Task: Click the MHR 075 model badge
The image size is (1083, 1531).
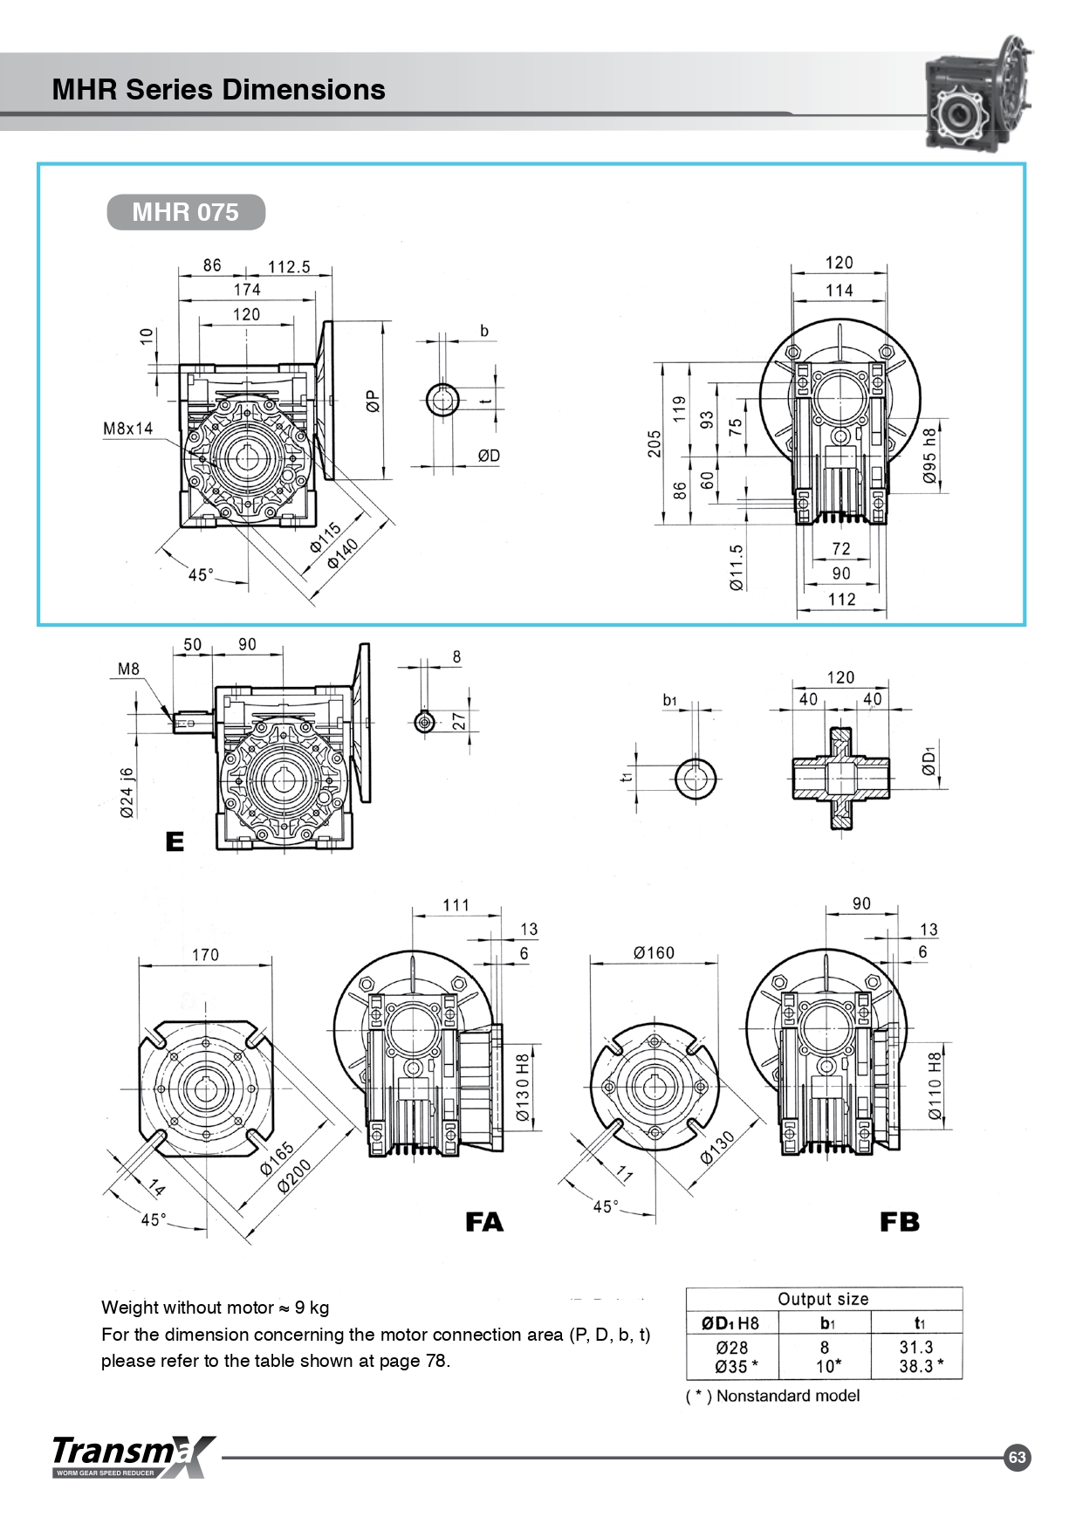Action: pyautogui.click(x=186, y=212)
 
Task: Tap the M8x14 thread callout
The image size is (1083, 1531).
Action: pyautogui.click(x=127, y=429)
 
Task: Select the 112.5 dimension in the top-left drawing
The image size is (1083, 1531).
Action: pyautogui.click(x=289, y=267)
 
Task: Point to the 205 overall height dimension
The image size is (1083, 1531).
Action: pyautogui.click(x=655, y=443)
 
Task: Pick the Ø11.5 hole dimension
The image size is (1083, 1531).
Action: pyautogui.click(x=737, y=567)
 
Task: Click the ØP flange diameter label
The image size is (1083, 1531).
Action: pyautogui.click(x=374, y=401)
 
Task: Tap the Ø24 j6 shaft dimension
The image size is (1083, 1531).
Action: pyautogui.click(x=127, y=793)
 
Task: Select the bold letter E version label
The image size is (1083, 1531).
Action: pyautogui.click(x=175, y=841)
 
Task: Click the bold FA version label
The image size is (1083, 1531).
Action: pyautogui.click(x=484, y=1222)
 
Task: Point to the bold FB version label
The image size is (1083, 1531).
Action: pyautogui.click(x=900, y=1222)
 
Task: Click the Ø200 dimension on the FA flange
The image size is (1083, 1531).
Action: pyautogui.click(x=294, y=1177)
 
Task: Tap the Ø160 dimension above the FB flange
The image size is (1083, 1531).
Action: pyautogui.click(x=655, y=952)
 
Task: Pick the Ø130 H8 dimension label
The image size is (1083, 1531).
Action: pyautogui.click(x=522, y=1088)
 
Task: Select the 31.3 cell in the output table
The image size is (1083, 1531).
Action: pyautogui.click(x=916, y=1347)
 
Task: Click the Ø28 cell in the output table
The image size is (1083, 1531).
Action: pyautogui.click(x=732, y=1347)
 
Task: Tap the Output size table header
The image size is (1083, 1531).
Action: pyautogui.click(x=823, y=1299)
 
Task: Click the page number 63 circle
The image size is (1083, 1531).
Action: pyautogui.click(x=1017, y=1457)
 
